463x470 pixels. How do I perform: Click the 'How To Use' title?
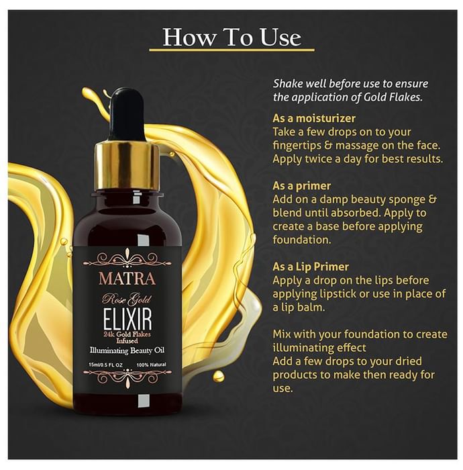(x=232, y=37)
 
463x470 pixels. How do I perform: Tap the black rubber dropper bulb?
(x=127, y=113)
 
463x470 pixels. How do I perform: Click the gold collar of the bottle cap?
(x=127, y=167)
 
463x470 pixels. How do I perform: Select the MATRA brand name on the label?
(x=127, y=279)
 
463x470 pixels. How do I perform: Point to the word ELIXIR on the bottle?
(x=127, y=319)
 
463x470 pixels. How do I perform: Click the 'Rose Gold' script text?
(x=127, y=299)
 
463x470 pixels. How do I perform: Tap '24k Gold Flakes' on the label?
(x=127, y=334)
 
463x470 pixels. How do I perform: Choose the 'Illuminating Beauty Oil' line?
(x=127, y=350)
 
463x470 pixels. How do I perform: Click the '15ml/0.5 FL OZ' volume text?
(x=106, y=365)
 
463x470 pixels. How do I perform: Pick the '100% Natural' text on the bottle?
(x=151, y=365)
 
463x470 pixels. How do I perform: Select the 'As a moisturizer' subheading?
(x=314, y=118)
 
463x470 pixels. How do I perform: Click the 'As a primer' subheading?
(x=301, y=186)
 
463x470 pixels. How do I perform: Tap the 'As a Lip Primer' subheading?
(x=311, y=267)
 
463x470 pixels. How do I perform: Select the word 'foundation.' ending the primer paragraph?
(x=302, y=240)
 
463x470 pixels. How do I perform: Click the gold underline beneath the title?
(x=232, y=50)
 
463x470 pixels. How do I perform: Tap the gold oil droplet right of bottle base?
(x=218, y=375)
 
